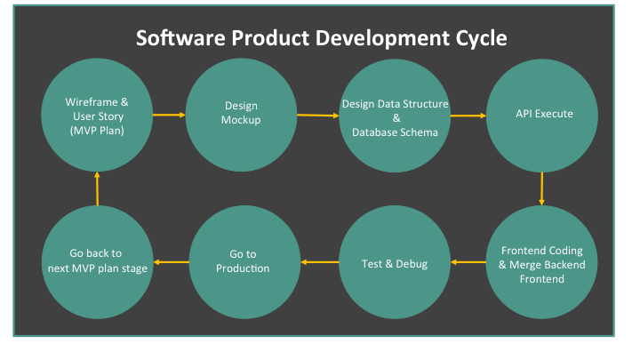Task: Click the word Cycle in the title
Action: click(x=481, y=38)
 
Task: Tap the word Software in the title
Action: click(x=180, y=37)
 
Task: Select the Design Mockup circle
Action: click(x=241, y=115)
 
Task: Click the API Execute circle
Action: click(x=542, y=116)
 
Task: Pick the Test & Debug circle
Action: click(x=395, y=262)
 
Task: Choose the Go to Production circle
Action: click(x=244, y=262)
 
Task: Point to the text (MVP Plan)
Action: click(x=97, y=131)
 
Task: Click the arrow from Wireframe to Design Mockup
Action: click(x=169, y=115)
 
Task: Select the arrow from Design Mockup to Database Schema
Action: click(x=318, y=116)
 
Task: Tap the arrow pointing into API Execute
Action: click(x=468, y=116)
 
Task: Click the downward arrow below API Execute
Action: click(x=541, y=188)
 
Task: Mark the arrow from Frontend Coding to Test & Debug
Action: click(x=468, y=262)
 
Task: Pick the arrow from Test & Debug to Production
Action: click(x=320, y=262)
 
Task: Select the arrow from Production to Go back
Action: click(x=171, y=262)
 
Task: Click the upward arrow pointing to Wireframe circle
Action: click(x=97, y=188)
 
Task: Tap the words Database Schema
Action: click(x=395, y=132)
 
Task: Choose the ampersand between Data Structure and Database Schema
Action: click(x=396, y=118)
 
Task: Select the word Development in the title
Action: click(x=382, y=39)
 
